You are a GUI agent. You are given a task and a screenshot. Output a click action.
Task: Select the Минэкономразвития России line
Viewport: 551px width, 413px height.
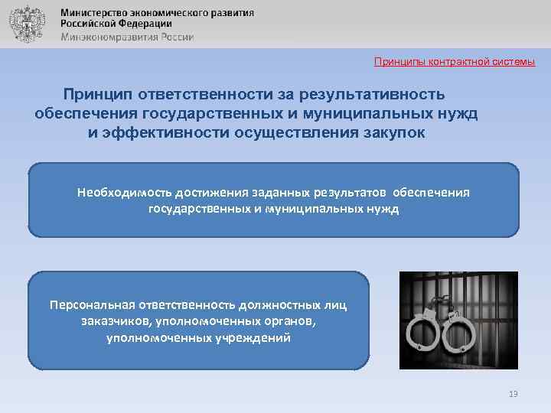point(126,36)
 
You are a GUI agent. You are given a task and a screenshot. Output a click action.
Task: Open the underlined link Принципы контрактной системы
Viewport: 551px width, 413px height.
point(454,61)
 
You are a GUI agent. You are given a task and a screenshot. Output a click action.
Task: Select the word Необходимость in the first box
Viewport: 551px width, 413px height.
point(123,193)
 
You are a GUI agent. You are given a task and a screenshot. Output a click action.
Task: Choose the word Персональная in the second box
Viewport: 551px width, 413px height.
point(93,306)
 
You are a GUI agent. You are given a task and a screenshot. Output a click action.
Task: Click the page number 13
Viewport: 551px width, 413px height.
point(513,394)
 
